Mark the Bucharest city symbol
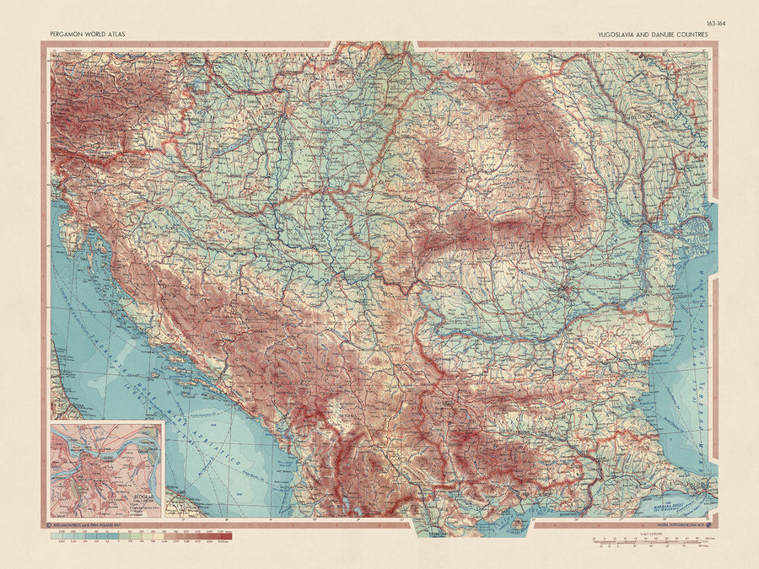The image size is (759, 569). coord(567,293)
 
